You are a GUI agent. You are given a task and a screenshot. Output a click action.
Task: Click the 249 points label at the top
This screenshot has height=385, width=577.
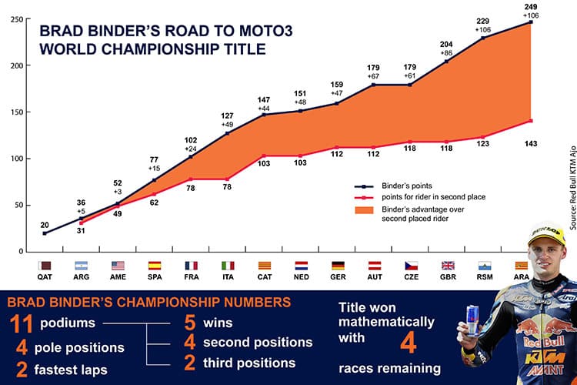point(530,6)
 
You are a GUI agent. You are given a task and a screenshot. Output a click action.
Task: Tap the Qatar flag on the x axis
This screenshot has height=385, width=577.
point(45,265)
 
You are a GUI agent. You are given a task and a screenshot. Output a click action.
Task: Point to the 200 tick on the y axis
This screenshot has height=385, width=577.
point(15,65)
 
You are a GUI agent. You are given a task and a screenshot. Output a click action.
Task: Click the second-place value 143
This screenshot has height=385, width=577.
point(531,143)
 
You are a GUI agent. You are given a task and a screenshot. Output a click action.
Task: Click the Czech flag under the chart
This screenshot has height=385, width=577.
point(412,265)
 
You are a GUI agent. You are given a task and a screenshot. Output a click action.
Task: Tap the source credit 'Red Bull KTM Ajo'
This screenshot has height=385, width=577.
point(572,185)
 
